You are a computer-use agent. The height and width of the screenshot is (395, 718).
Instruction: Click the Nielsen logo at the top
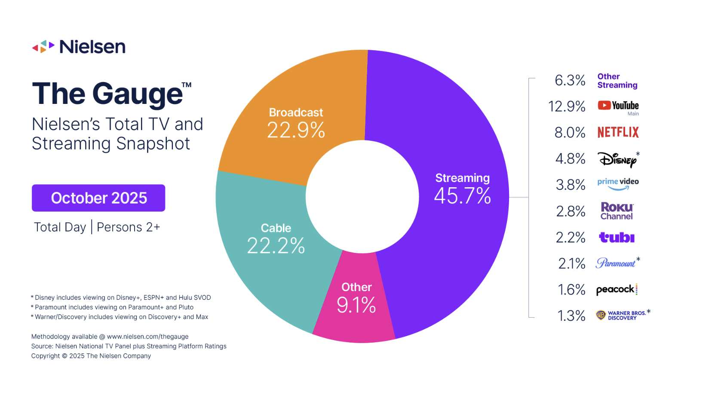tap(79, 46)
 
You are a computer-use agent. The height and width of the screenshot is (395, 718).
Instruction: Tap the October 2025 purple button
tap(98, 198)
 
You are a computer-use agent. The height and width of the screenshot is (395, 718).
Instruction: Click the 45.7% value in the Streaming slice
tap(462, 196)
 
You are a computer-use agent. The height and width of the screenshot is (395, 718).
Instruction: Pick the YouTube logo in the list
tap(618, 106)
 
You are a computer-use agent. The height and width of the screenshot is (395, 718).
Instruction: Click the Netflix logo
tap(618, 132)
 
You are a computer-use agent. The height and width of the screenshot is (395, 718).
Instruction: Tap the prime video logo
tap(618, 183)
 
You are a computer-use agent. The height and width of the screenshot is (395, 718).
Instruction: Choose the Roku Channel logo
tap(617, 211)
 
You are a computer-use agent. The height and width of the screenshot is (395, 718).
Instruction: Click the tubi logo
tap(617, 237)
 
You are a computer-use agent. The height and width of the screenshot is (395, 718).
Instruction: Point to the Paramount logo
tap(616, 263)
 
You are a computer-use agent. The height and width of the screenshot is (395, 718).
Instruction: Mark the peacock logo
tap(616, 290)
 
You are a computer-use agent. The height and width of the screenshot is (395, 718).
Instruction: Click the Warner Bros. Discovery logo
tap(622, 316)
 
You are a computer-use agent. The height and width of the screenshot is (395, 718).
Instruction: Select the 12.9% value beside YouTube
tap(567, 106)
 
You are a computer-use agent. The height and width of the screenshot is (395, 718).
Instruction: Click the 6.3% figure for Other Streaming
tap(570, 80)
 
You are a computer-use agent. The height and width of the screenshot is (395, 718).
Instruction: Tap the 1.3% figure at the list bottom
tap(571, 316)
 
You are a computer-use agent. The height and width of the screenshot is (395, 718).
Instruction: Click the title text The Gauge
tap(107, 94)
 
